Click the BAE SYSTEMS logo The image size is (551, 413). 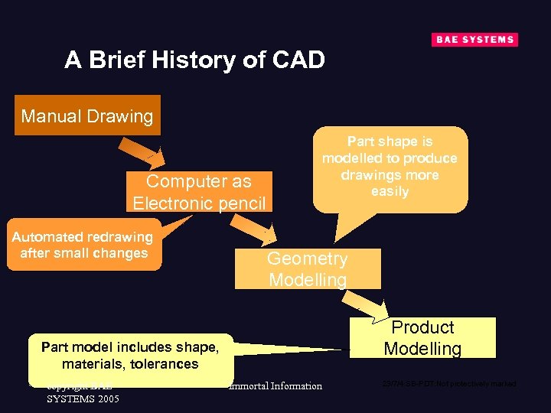[474, 40]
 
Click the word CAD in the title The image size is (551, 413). [298, 60]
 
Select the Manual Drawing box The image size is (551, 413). [87, 116]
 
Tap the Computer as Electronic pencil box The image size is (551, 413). [199, 192]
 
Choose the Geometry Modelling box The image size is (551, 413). [307, 269]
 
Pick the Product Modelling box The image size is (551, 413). [422, 337]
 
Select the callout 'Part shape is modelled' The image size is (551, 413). [390, 167]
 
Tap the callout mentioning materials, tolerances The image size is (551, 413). [130, 356]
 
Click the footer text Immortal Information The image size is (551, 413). [275, 386]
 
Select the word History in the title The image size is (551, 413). [197, 60]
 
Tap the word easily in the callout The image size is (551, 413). [390, 192]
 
